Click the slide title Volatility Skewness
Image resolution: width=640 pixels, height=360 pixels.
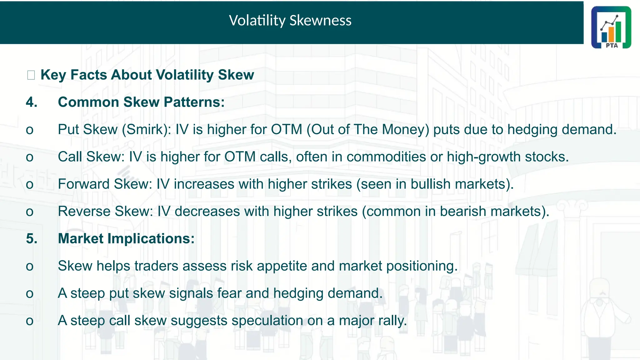[290, 21]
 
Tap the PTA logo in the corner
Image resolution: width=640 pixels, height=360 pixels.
[611, 27]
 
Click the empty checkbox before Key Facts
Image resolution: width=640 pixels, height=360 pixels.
[31, 75]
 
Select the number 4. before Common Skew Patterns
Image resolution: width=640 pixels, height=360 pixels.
[32, 102]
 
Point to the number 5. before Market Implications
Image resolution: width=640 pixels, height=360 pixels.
[32, 239]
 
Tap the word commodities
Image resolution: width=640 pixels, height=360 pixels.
[386, 157]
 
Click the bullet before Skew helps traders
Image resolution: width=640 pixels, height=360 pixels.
[30, 267]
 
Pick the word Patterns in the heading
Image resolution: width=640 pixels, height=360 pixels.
[194, 102]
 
